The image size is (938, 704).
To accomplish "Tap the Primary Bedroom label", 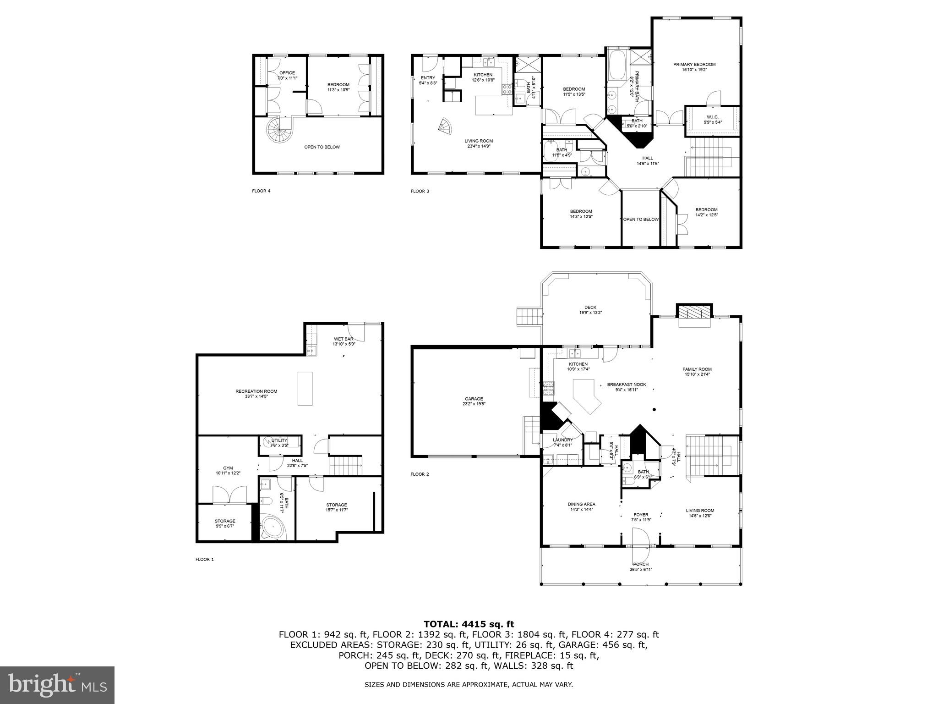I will [x=694, y=67].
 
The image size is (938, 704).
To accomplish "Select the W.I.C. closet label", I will [x=712, y=120].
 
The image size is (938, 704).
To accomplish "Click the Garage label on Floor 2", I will [x=474, y=401].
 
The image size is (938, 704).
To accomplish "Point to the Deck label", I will [x=590, y=310].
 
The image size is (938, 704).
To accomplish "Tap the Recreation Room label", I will [x=256, y=393].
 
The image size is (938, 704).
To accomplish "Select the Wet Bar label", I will [x=344, y=341].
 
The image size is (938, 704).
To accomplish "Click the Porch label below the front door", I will [x=641, y=567].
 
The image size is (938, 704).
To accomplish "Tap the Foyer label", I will [x=641, y=517].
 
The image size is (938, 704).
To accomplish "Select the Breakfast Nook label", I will [x=626, y=387].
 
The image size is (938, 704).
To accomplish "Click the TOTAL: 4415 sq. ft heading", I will [x=469, y=624].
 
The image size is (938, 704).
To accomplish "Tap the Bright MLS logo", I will [x=57, y=685].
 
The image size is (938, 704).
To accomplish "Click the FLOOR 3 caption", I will [x=420, y=191].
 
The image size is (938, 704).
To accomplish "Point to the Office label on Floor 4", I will [x=287, y=75].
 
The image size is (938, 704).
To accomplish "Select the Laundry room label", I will [x=562, y=442].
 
